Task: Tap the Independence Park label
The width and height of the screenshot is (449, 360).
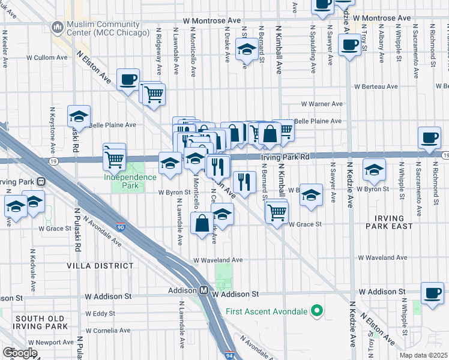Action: click(x=130, y=176)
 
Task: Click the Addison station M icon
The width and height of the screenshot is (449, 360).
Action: click(x=204, y=290)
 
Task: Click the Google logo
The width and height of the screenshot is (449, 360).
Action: click(x=19, y=353)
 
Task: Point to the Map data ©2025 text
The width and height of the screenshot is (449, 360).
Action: click(x=423, y=355)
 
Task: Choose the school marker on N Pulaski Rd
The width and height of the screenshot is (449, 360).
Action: click(x=79, y=116)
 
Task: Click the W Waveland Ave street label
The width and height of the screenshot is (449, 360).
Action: click(x=218, y=260)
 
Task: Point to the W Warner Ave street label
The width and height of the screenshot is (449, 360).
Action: click(x=322, y=104)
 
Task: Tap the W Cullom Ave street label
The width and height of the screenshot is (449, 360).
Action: click(x=49, y=58)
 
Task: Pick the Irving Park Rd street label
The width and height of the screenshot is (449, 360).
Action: click(x=285, y=157)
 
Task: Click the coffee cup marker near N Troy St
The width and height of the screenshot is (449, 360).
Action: click(x=349, y=44)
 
